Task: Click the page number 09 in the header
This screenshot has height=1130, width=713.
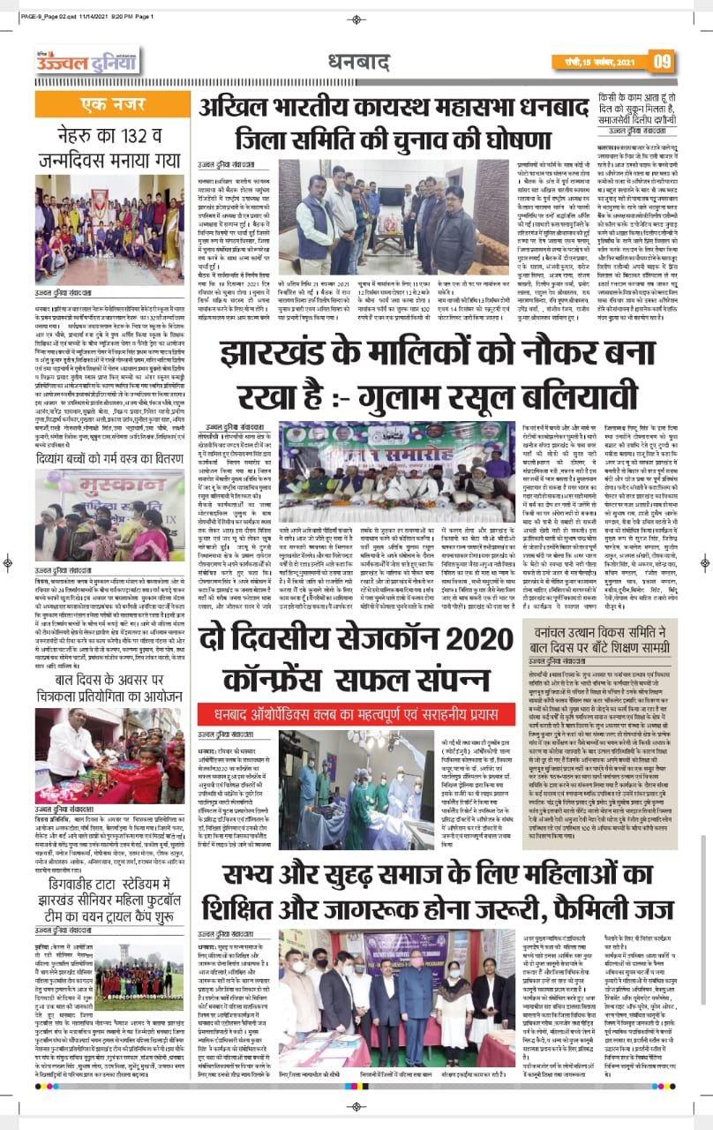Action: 664,61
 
